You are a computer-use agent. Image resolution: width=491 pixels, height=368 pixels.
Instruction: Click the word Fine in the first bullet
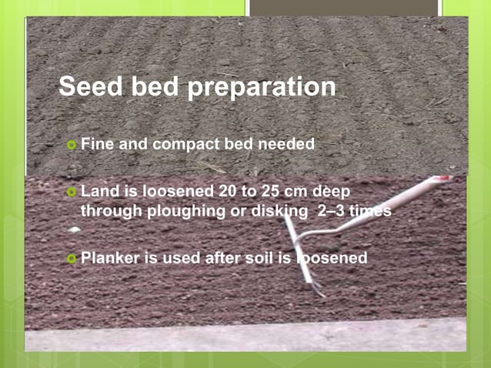click(96, 144)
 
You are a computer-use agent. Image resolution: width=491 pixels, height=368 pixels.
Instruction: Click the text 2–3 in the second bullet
click(332, 210)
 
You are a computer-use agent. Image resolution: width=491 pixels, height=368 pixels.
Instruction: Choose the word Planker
click(111, 259)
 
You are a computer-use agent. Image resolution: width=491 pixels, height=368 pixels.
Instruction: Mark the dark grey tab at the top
click(343, 8)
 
